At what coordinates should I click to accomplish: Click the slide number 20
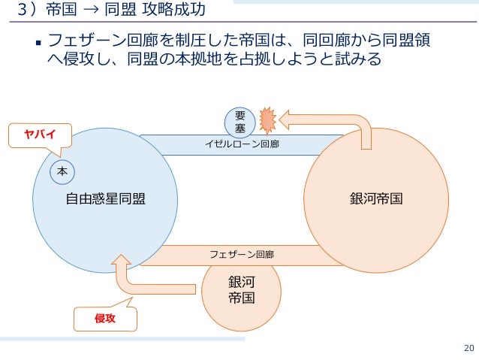tap(468, 347)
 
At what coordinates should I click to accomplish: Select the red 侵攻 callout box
tap(104, 319)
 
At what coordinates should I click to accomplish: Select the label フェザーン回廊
tap(242, 255)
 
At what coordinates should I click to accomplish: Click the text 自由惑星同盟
tap(105, 199)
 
